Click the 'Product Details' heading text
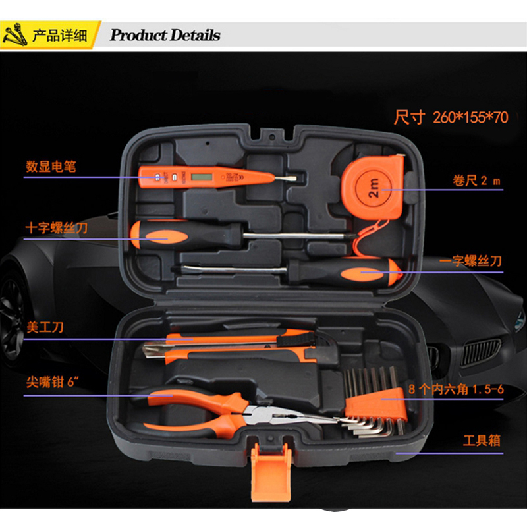(165, 35)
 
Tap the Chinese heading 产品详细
(59, 35)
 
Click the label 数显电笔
(51, 167)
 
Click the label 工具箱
(481, 440)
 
